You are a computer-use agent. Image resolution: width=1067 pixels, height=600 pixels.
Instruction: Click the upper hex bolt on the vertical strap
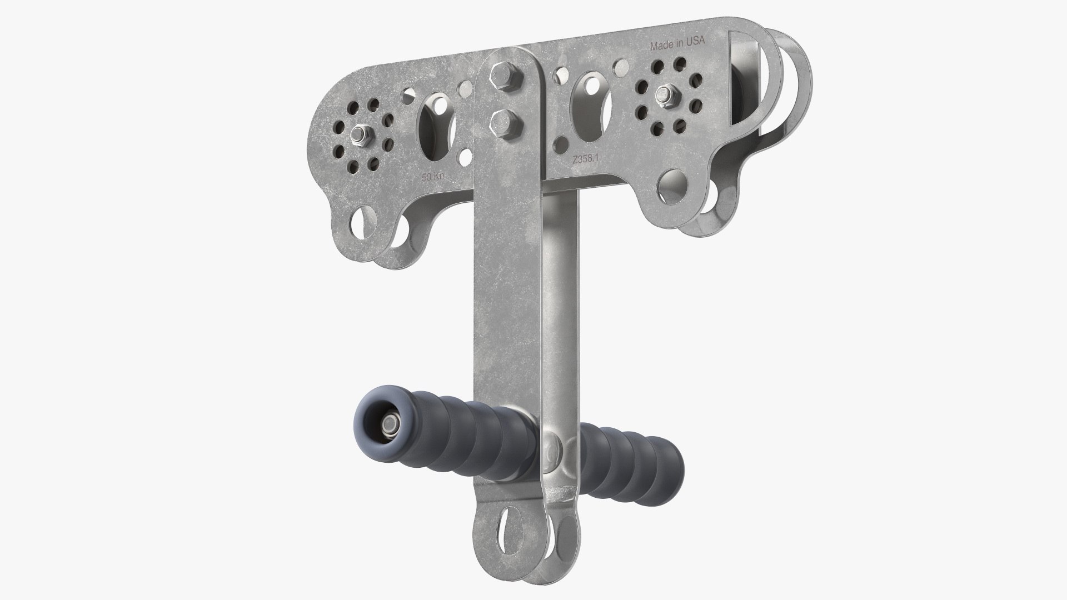tap(496, 76)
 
